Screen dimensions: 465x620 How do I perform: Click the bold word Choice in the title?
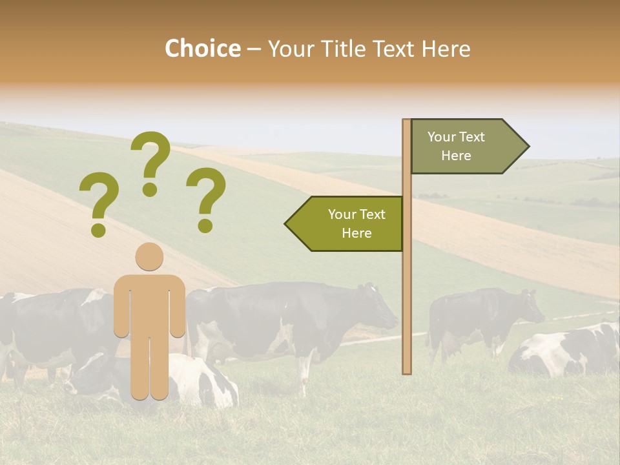[202, 48]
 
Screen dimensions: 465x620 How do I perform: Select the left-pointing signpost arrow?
[346, 223]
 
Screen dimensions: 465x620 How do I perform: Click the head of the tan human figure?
[149, 256]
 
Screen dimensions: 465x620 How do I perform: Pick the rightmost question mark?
[206, 198]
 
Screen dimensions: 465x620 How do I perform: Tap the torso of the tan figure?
[149, 304]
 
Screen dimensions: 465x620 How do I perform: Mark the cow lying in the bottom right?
[568, 352]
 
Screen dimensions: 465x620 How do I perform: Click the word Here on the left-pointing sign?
[356, 233]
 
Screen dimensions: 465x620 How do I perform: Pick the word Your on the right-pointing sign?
[442, 137]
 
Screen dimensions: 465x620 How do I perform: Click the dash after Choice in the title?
[254, 50]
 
